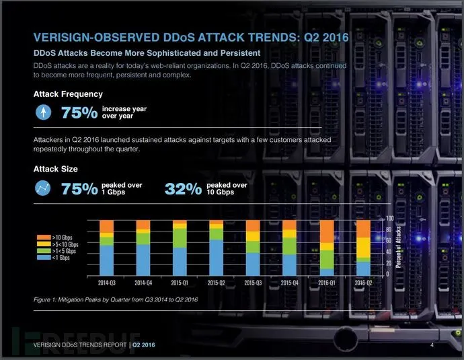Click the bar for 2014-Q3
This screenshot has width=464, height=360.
(x=106, y=246)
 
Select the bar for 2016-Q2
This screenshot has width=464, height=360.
(x=362, y=246)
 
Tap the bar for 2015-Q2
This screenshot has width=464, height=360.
(x=216, y=246)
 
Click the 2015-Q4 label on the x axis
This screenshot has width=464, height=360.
(x=289, y=283)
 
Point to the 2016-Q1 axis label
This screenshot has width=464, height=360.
(x=326, y=283)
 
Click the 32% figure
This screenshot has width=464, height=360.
(x=184, y=189)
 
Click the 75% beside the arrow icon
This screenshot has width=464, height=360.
(x=79, y=112)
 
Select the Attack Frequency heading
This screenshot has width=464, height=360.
(x=68, y=94)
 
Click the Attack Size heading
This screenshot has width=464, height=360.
(x=56, y=169)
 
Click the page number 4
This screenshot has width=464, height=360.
(x=430, y=345)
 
